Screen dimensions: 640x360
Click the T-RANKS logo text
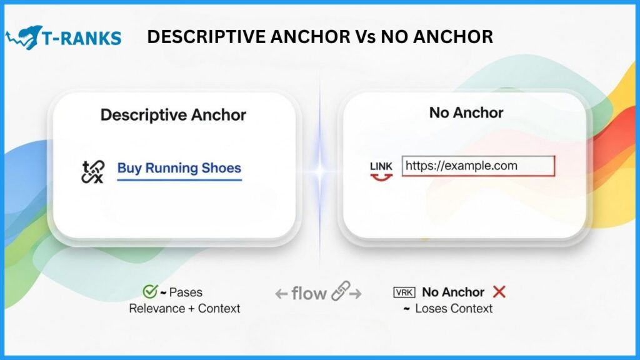82,38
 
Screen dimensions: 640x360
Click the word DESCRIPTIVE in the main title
207,37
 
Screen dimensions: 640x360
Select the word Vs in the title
364,37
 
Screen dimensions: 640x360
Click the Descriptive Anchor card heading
174,115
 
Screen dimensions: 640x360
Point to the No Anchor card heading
466,112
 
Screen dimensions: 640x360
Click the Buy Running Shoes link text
179,168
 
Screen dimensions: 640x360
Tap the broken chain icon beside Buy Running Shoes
93,171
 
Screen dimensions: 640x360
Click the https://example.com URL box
478,166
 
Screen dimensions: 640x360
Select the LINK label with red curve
381,171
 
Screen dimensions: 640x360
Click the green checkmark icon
150,291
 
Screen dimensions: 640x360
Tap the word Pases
186,292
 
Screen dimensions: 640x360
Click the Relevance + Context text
184,309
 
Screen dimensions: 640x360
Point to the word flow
309,294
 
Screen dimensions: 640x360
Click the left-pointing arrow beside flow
281,294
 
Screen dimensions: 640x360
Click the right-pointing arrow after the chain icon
356,294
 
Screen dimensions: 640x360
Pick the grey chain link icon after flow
341,291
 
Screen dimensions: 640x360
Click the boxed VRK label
404,292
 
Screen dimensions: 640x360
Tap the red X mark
499,292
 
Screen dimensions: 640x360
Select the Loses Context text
454,309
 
